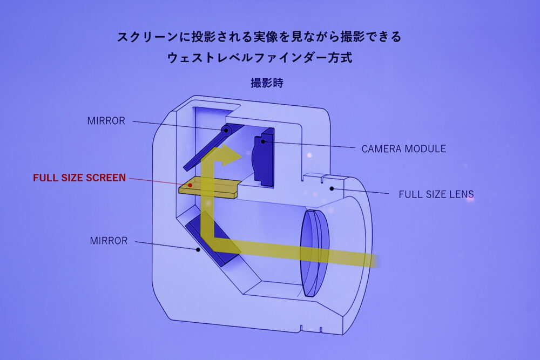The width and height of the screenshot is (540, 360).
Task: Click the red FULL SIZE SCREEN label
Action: click(79, 178)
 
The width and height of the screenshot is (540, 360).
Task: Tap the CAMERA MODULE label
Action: click(403, 148)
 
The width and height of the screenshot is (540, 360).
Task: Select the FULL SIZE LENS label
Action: click(436, 194)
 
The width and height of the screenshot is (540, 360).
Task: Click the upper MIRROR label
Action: click(106, 121)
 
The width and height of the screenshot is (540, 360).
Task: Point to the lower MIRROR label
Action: click(109, 241)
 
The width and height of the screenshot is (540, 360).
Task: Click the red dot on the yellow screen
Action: click(190, 185)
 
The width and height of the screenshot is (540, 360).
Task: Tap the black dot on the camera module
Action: click(263, 141)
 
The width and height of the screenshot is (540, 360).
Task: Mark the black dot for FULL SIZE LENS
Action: click(332, 188)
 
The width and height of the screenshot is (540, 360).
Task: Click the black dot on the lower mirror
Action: click(198, 249)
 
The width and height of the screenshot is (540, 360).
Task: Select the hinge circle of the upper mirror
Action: click(226, 130)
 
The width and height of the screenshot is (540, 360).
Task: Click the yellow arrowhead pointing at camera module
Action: click(231, 155)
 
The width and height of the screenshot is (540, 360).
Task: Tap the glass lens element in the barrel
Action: click(314, 253)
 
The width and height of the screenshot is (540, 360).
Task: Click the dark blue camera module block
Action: click(264, 157)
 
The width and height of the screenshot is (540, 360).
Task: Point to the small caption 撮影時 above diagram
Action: click(267, 83)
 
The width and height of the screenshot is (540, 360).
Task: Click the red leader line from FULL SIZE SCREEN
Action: click(159, 182)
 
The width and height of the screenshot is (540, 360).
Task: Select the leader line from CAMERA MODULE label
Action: click(309, 145)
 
